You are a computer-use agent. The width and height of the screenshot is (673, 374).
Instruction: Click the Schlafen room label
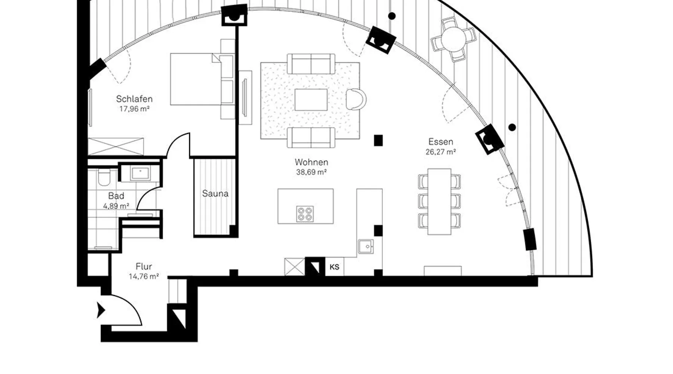134,99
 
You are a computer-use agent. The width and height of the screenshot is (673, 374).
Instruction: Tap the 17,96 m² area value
134,109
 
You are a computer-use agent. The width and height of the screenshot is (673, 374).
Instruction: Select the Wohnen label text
311,162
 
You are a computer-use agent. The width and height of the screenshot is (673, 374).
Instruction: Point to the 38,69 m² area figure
311,172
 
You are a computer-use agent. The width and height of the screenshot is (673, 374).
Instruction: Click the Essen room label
441,142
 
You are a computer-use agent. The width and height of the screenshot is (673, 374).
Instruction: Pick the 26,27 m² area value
441,152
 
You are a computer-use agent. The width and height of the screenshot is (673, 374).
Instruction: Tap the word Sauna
215,194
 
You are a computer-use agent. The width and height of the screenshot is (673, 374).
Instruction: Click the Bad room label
116,196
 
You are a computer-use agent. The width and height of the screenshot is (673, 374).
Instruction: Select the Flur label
144,267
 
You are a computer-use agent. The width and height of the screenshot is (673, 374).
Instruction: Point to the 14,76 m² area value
144,277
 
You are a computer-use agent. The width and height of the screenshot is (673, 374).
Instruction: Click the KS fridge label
335,267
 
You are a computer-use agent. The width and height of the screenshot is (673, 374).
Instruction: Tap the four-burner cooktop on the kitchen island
305,214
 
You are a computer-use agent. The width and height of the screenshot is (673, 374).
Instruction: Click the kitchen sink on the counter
366,246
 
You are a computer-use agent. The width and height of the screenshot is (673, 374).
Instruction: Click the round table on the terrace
454,39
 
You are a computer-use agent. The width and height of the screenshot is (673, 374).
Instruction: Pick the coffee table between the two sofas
311,100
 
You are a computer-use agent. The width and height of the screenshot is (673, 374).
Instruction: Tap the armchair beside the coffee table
356,99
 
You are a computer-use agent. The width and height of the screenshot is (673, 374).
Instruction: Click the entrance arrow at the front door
101,310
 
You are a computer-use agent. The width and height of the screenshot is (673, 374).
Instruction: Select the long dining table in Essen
439,202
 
